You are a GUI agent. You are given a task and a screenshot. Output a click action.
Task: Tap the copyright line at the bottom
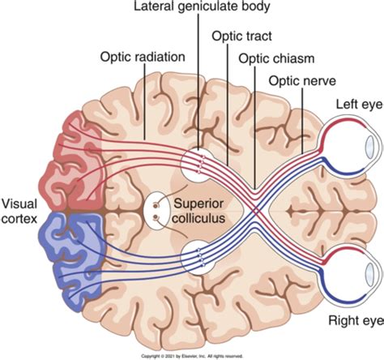(x=192, y=355)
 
